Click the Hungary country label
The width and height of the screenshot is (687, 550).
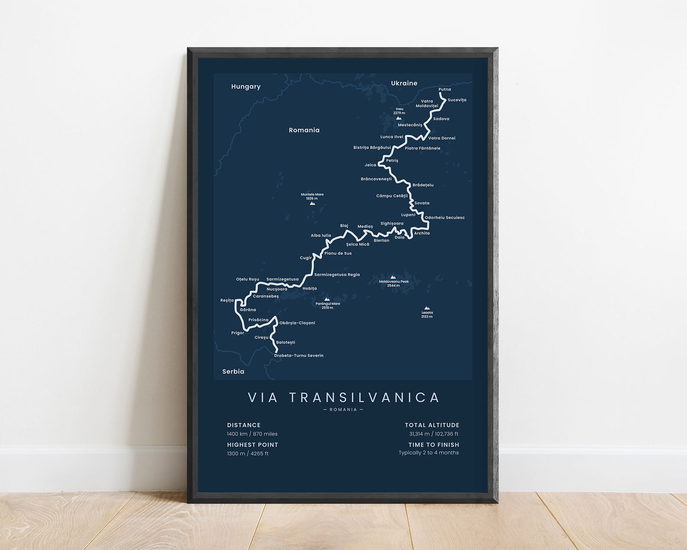coord(246,87)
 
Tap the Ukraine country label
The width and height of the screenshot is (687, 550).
coord(404,83)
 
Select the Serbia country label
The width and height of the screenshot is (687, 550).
coord(233,372)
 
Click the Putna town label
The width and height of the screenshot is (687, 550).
coord(445,89)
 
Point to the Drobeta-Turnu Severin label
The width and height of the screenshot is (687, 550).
coord(299,355)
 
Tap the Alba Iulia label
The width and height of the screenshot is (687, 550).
coord(321,236)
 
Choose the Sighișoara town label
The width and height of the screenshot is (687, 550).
coord(392,223)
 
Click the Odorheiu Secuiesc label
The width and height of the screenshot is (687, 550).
coord(445,217)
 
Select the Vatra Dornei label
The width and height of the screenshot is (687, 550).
coord(442,138)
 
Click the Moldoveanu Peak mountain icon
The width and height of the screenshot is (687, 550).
coord(393,277)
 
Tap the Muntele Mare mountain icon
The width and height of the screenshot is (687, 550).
coord(312,203)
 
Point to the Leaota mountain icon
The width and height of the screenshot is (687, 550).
coord(427,308)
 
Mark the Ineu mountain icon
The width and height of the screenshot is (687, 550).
coord(399,118)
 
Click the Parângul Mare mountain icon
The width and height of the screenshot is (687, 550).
coord(327,299)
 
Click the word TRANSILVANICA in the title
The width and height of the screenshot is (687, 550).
coord(364,397)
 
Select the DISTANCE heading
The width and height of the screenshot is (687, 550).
coord(244,425)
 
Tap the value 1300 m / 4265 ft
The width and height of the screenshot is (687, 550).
coord(248,453)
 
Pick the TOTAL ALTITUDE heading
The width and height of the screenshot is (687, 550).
coord(432,425)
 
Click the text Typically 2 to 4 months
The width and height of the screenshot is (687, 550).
coord(429,452)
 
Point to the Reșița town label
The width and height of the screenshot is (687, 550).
coord(227,300)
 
